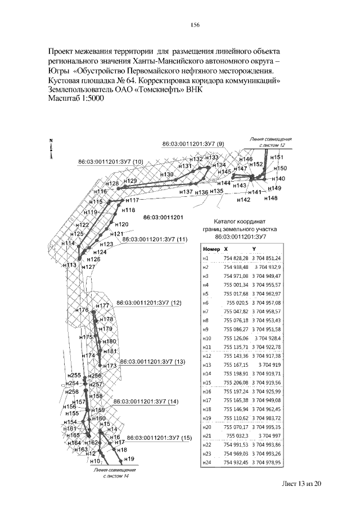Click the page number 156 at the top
(x=196, y=25)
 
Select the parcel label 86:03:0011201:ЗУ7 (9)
(x=192, y=144)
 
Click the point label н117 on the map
(x=132, y=201)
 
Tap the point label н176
(x=82, y=310)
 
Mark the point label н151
(x=277, y=157)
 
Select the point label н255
(x=74, y=375)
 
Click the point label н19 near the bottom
(x=129, y=459)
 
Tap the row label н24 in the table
(x=206, y=462)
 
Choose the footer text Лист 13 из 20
(x=301, y=483)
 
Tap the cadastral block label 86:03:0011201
(x=164, y=217)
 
